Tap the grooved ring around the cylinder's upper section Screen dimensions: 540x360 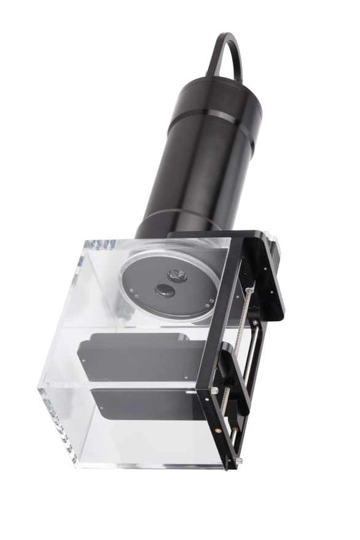coord(216,115)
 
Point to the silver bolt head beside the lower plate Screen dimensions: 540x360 coord(213,391)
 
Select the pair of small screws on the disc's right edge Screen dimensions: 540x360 coord(211,302)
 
